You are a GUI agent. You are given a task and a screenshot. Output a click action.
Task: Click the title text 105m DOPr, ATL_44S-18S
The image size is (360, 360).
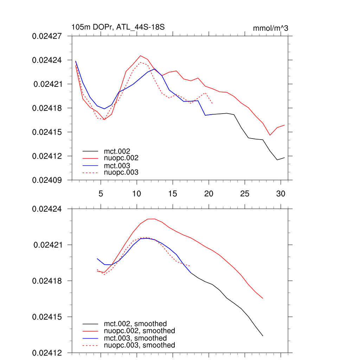coord(118,27)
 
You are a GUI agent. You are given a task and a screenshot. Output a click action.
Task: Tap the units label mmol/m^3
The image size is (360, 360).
coord(270,28)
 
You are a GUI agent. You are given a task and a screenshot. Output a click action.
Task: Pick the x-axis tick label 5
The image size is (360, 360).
coord(101,194)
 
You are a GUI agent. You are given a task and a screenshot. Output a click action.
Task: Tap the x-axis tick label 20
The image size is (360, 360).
coord(209,194)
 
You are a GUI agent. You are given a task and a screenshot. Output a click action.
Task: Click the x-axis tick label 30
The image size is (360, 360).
coord(281,194)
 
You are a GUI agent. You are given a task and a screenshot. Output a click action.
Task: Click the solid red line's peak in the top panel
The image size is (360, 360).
coord(140,56)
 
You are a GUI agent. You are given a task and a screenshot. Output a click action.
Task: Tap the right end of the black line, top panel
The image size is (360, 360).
coord(284,157)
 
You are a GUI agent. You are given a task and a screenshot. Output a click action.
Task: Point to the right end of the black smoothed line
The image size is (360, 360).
coord(263,336)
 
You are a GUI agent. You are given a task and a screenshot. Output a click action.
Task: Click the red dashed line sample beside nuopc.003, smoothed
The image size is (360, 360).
coord(90,346)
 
